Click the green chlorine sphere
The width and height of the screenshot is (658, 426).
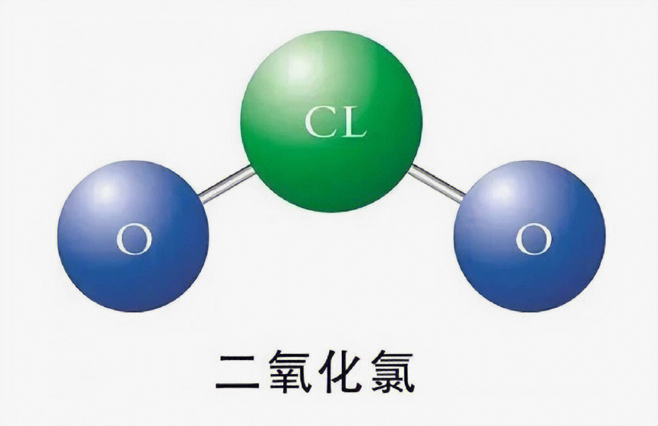[331, 121]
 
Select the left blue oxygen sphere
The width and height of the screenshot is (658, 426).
[133, 236]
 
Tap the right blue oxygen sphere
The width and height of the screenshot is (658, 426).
[529, 236]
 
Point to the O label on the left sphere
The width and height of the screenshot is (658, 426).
[134, 240]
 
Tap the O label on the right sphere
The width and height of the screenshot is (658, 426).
[534, 240]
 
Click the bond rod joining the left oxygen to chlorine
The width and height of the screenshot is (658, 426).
[227, 185]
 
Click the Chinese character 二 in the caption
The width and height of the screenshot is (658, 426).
[237, 372]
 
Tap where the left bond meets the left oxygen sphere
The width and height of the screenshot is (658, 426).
[202, 199]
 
